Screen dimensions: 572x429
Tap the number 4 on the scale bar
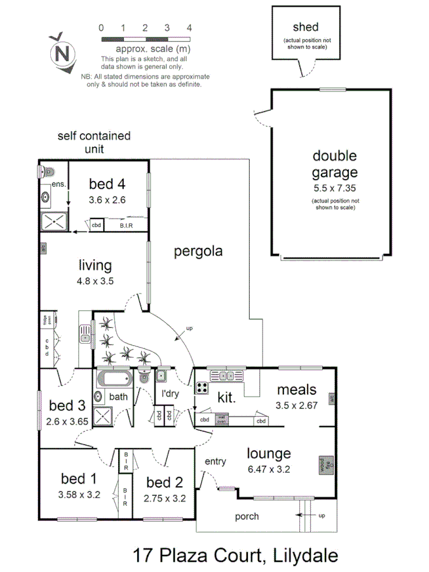click(x=189, y=27)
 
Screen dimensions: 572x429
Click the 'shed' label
click(x=305, y=27)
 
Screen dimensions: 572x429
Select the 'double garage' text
click(x=334, y=164)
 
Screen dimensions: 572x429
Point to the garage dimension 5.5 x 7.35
click(x=334, y=189)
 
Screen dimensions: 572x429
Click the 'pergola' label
click(x=198, y=251)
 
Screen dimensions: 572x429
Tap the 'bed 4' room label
click(x=107, y=184)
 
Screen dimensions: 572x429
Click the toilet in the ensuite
click(x=48, y=172)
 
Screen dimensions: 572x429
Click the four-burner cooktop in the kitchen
click(x=202, y=387)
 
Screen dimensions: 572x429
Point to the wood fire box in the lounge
click(x=322, y=465)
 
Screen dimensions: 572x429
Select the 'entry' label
click(x=215, y=462)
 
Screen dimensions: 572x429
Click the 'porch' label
click(x=247, y=517)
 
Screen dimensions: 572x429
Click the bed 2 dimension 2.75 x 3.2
click(x=165, y=498)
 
